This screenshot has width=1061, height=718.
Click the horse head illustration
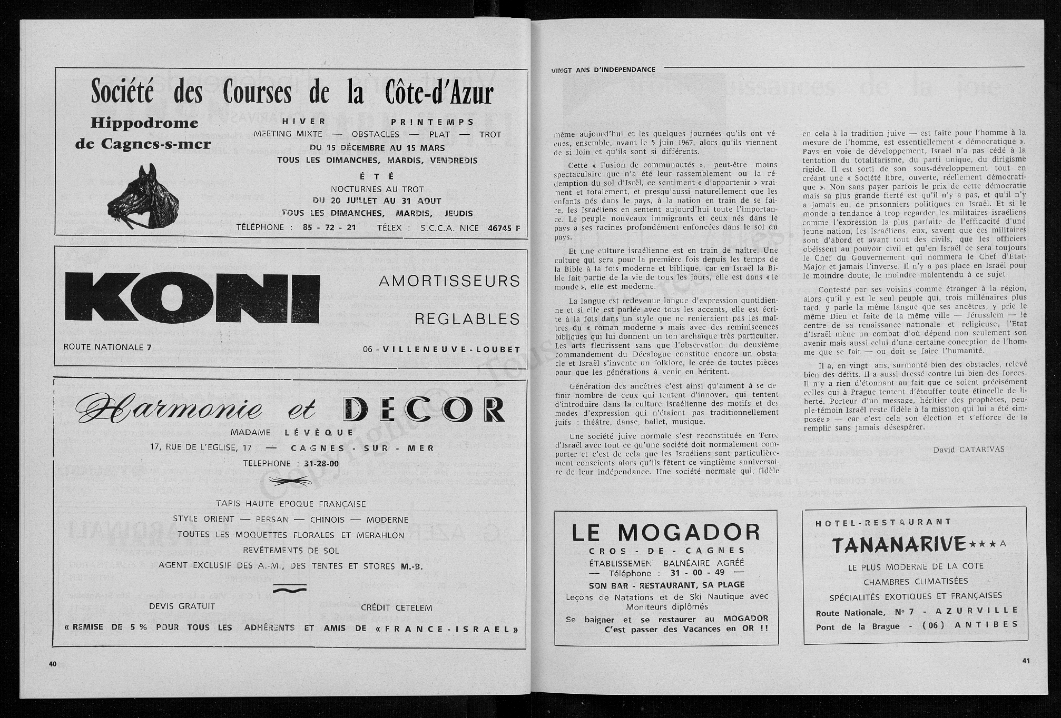pyautogui.click(x=143, y=196)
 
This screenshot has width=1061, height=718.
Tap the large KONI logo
pyautogui.click(x=192, y=298)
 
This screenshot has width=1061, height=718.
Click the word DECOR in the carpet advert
pyautogui.click(x=424, y=410)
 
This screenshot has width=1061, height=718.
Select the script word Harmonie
pyautogui.click(x=170, y=408)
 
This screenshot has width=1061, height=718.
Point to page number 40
pyautogui.click(x=53, y=664)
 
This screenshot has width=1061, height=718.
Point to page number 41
pyautogui.click(x=1025, y=662)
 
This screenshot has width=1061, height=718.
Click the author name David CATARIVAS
pyautogui.click(x=969, y=449)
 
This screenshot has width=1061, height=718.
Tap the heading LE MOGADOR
pyautogui.click(x=666, y=533)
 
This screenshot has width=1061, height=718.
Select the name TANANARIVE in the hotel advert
pyautogui.click(x=899, y=545)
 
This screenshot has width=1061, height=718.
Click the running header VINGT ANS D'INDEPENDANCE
pyautogui.click(x=603, y=69)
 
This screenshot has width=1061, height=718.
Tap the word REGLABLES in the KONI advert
pyautogui.click(x=467, y=319)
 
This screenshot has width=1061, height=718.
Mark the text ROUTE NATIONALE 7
pyautogui.click(x=107, y=347)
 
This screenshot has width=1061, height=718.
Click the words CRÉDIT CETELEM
pyautogui.click(x=396, y=607)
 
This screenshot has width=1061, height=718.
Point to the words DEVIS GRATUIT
pyautogui.click(x=182, y=606)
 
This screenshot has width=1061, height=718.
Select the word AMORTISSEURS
pyautogui.click(x=449, y=281)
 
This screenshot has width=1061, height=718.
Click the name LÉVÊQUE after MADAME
pyautogui.click(x=319, y=433)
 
